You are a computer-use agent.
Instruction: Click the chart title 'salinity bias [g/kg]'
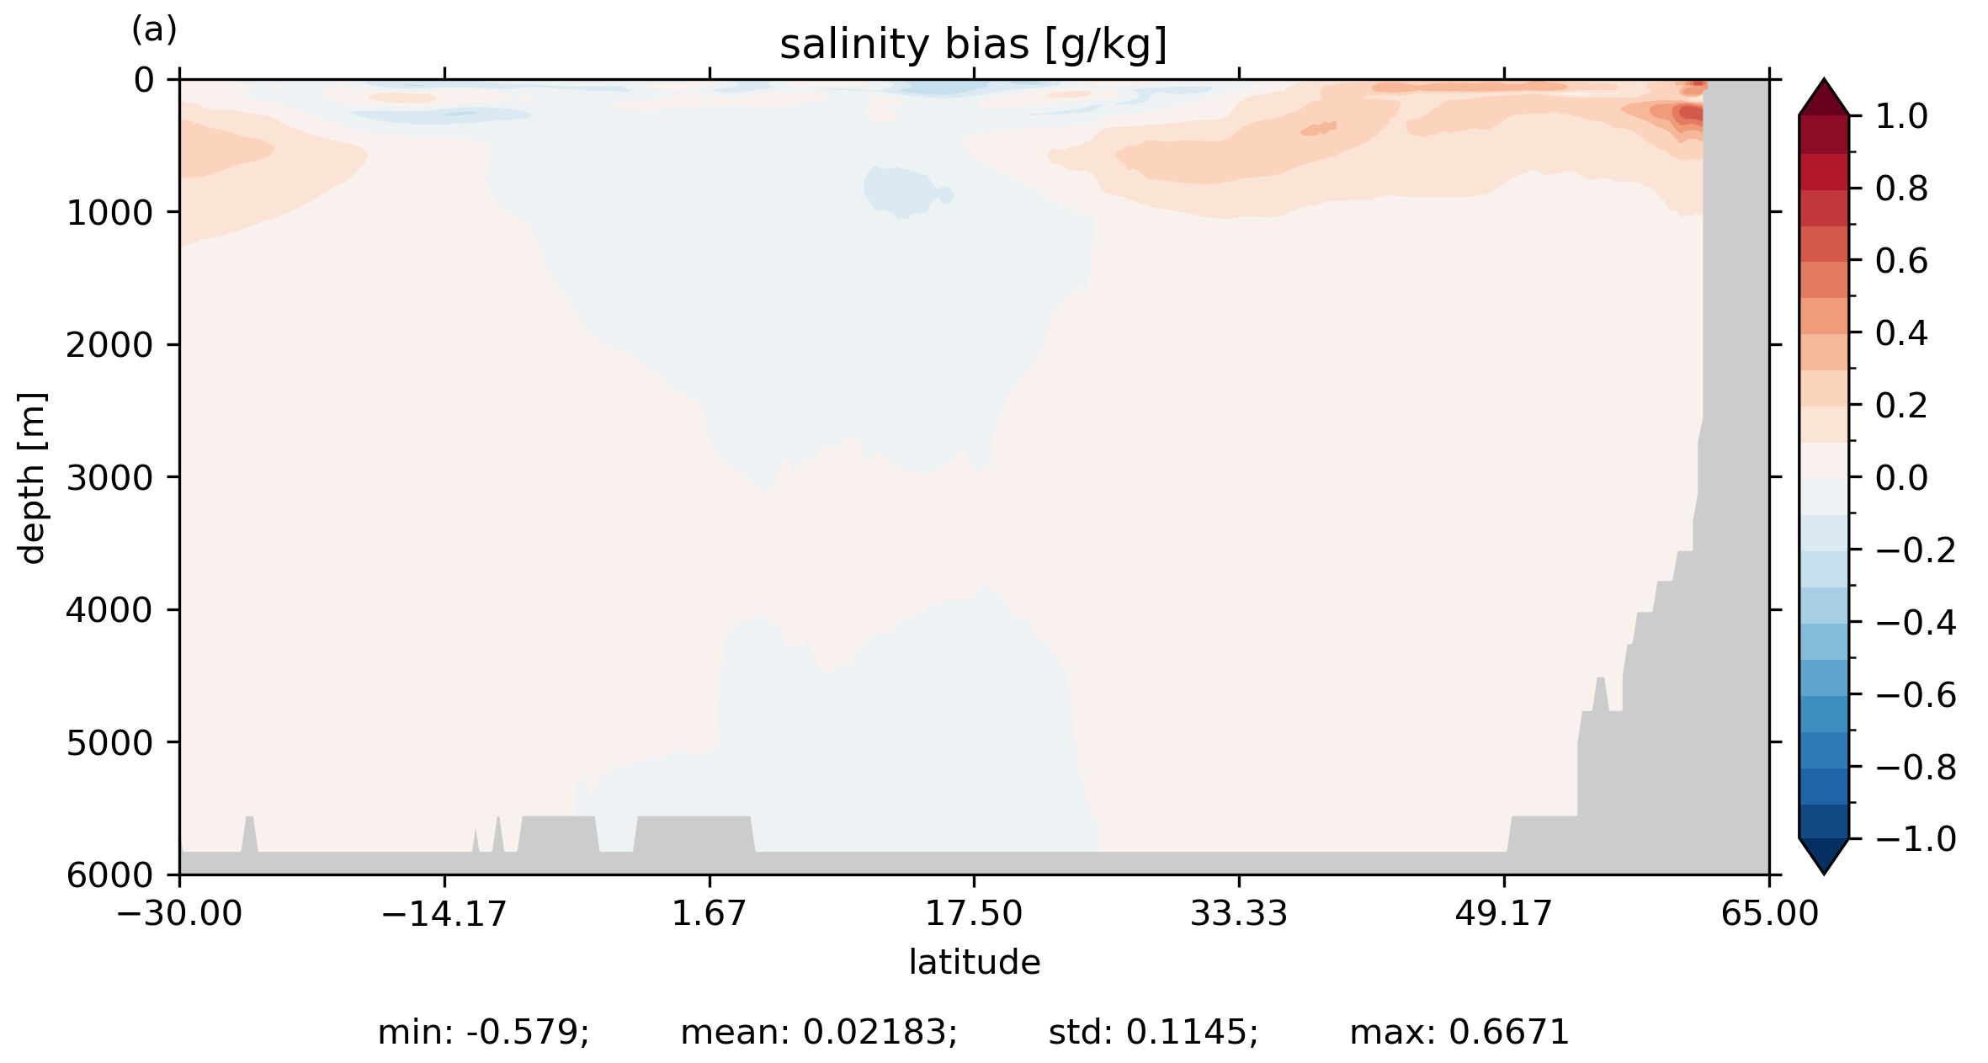click(973, 45)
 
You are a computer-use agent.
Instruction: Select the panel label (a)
click(154, 30)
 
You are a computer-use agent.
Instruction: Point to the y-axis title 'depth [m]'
click(32, 477)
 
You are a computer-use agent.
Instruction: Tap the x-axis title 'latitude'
click(974, 962)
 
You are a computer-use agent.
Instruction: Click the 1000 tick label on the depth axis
click(110, 213)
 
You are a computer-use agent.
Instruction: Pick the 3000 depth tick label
click(110, 478)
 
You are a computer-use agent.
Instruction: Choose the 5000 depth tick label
click(110, 743)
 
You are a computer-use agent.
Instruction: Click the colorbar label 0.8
click(1901, 189)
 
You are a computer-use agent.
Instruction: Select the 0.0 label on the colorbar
click(1901, 478)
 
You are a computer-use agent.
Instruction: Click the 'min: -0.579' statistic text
click(483, 1033)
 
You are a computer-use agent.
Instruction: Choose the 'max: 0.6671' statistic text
click(1459, 1033)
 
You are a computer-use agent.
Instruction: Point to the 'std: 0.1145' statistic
click(1153, 1033)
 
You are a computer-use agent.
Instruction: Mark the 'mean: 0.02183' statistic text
click(819, 1033)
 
